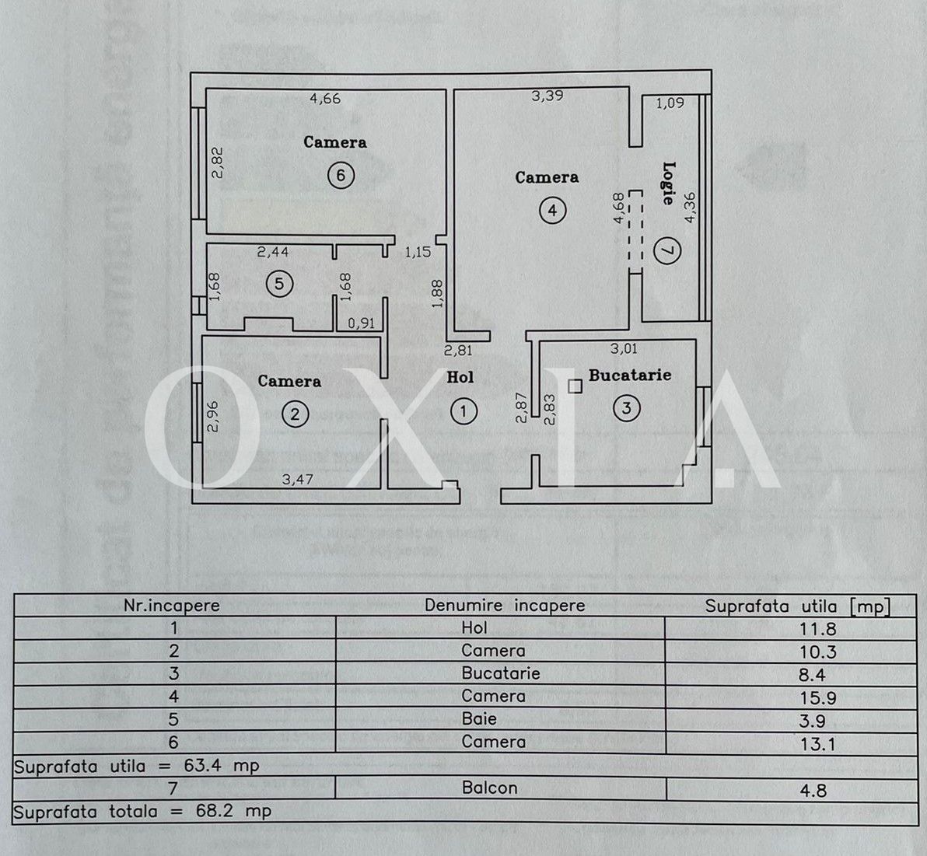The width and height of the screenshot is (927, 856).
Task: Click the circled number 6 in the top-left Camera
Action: tap(340, 175)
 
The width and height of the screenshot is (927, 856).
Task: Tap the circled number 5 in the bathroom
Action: tap(279, 284)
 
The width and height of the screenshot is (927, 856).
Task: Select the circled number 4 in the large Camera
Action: tap(552, 211)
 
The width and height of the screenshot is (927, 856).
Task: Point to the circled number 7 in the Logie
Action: tap(667, 250)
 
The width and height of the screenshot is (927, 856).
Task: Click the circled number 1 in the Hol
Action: tap(463, 411)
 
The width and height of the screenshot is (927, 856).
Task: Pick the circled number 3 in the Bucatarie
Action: tap(627, 407)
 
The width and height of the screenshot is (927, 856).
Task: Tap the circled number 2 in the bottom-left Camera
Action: tap(295, 414)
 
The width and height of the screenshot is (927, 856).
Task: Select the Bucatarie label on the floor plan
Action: tap(630, 375)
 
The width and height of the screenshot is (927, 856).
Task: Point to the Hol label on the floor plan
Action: tap(460, 377)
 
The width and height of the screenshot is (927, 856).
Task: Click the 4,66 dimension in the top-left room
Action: tap(325, 99)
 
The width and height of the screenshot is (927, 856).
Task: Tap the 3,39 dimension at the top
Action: tap(547, 96)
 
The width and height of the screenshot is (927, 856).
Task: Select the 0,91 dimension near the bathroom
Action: tap(361, 323)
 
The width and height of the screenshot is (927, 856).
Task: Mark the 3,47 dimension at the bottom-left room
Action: tap(297, 479)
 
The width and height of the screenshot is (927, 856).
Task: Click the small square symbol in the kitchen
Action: tap(575, 386)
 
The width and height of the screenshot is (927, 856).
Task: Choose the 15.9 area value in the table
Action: tap(818, 698)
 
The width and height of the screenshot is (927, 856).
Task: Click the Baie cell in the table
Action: tap(479, 719)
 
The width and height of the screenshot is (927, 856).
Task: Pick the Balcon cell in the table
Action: tap(489, 788)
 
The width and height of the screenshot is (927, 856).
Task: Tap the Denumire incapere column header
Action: tap(505, 606)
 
